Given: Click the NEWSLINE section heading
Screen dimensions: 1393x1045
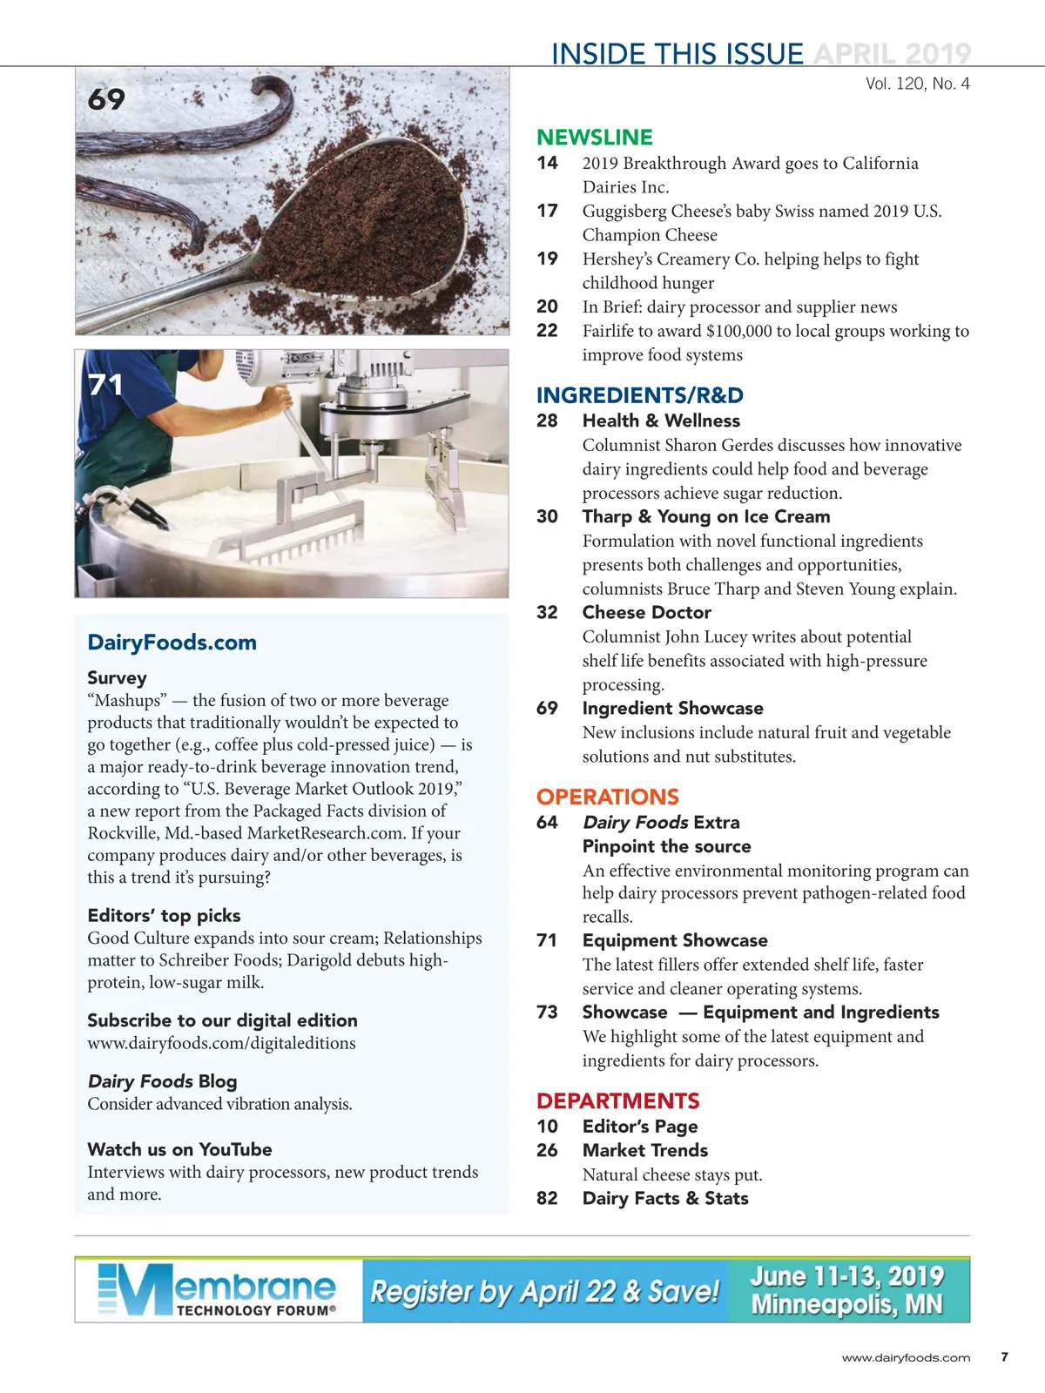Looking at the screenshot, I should tap(594, 138).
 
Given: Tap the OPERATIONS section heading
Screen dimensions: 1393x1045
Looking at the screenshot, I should tap(607, 797).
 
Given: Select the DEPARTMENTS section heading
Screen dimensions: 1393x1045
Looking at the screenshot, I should tap(617, 1101).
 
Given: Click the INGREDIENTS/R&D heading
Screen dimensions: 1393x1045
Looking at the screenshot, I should tap(639, 395).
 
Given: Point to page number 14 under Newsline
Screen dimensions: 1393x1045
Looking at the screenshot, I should tap(547, 163).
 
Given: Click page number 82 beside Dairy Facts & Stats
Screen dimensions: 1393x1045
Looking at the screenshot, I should tap(547, 1198).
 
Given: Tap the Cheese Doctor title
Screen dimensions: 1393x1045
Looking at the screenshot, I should tap(646, 612).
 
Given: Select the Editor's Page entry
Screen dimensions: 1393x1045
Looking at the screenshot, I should tap(640, 1127).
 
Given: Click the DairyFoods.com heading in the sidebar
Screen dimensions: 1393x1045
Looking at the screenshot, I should tap(172, 643).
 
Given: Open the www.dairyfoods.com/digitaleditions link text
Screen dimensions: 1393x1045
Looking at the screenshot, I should tap(221, 1043).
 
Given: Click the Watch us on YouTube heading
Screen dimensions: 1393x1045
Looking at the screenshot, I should tap(179, 1149).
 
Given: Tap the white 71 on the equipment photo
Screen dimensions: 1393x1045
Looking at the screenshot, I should tap(105, 385).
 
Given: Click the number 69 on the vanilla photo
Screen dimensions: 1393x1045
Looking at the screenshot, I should tap(106, 99).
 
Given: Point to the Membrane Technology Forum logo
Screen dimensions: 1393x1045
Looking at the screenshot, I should tap(217, 1290).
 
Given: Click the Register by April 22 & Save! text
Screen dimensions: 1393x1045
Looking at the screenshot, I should tap(545, 1291).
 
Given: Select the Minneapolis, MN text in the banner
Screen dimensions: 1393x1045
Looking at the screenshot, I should tap(846, 1305).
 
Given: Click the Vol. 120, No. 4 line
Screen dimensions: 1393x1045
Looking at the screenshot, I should tap(917, 84).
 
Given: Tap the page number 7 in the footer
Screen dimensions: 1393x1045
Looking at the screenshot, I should tap(1004, 1356).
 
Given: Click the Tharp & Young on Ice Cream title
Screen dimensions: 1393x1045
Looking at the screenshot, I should tap(705, 516).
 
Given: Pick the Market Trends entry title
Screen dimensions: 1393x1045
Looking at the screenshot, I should tap(644, 1150).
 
